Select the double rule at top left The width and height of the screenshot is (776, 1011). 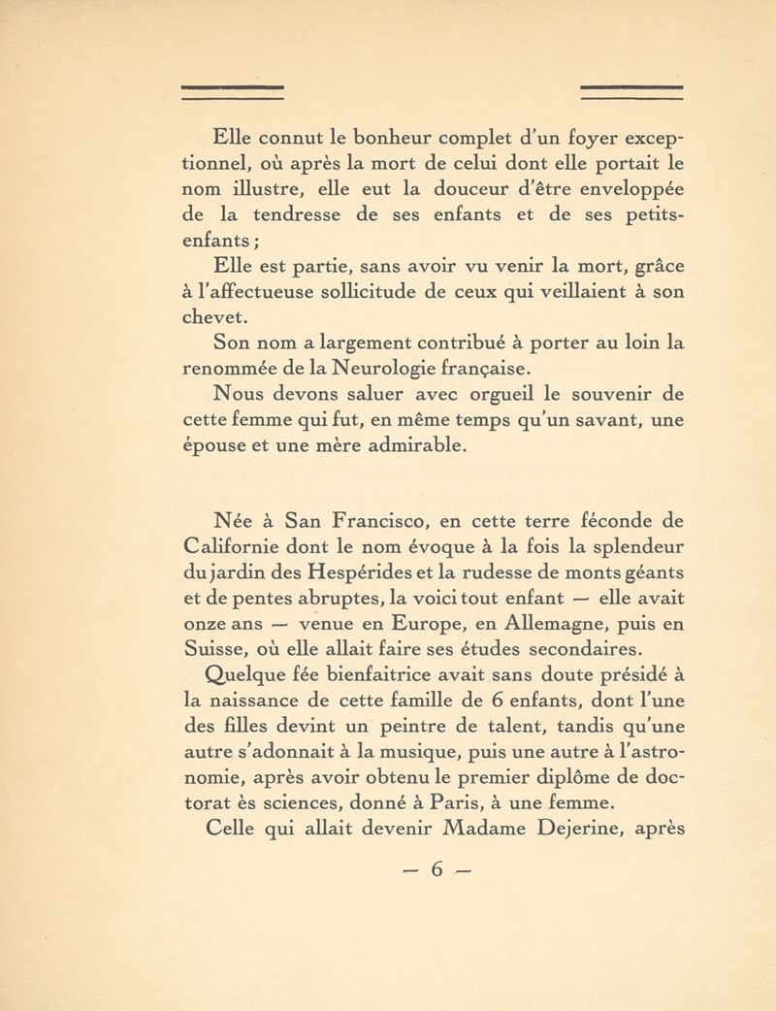(x=236, y=93)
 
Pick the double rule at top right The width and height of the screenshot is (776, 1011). (x=632, y=93)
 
